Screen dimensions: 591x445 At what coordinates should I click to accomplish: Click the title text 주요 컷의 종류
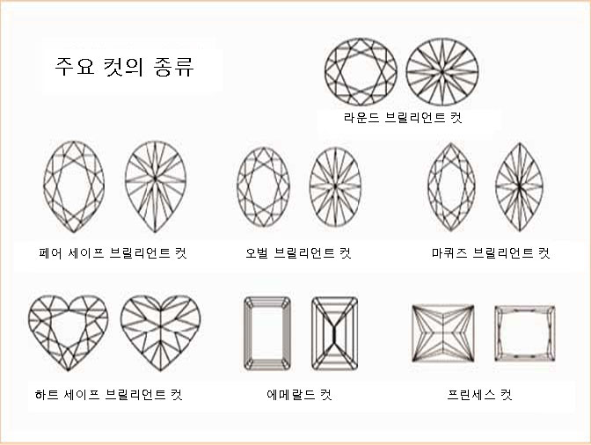tap(124, 67)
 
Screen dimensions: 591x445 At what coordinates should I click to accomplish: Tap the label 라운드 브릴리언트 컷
tap(403, 118)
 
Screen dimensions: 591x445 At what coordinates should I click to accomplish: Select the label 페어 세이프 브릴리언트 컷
tap(113, 252)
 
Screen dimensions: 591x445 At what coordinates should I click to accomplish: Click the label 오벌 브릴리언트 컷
tap(298, 252)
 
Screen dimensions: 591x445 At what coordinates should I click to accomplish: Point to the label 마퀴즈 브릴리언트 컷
tap(491, 252)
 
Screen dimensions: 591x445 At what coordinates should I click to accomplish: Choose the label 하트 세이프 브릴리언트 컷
tap(108, 395)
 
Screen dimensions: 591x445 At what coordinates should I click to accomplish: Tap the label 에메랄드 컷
tap(299, 395)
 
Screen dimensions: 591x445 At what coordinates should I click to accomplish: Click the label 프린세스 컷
tap(479, 395)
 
